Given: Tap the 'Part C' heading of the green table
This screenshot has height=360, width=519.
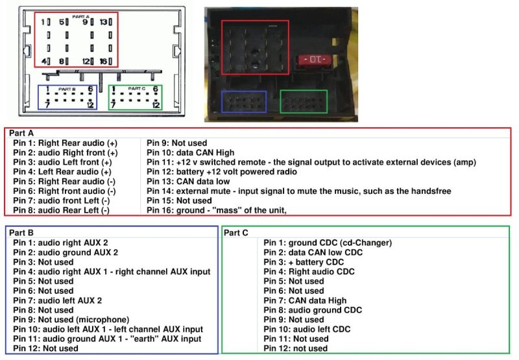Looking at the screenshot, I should tap(237, 231).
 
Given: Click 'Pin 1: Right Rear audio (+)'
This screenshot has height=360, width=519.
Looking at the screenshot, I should tap(65, 143).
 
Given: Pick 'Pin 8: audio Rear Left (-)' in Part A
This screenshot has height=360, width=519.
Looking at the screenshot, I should tap(62, 210).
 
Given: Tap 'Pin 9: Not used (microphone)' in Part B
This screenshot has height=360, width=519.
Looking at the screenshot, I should tap(71, 319).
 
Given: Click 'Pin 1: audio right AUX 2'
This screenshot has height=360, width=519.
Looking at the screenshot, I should tap(60, 242).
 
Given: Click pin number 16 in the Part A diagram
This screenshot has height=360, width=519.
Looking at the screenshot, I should tap(104, 61).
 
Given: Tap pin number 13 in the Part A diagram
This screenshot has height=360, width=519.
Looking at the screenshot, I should tap(104, 22).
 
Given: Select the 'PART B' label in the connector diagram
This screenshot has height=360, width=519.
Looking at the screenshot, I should tap(67, 88).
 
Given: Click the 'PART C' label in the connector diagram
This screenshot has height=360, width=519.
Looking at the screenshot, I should tap(137, 88).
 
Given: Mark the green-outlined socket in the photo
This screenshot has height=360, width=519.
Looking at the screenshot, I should tap(303, 102).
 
